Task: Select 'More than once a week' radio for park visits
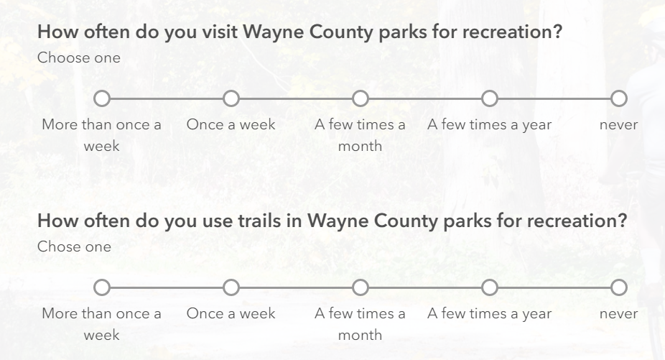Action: pyautogui.click(x=102, y=98)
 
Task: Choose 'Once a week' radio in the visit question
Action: pyautogui.click(x=231, y=98)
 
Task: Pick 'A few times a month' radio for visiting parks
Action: pyautogui.click(x=360, y=98)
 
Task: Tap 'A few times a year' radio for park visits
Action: pyautogui.click(x=490, y=98)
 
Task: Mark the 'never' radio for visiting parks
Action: pyautogui.click(x=619, y=98)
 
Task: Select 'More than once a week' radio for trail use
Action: pyautogui.click(x=102, y=287)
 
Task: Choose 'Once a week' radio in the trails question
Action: pyautogui.click(x=231, y=287)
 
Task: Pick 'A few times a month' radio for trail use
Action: pyautogui.click(x=360, y=287)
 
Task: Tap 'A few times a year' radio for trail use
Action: pyautogui.click(x=490, y=287)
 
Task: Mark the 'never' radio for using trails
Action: pyautogui.click(x=619, y=287)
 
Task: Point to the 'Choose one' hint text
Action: pyautogui.click(x=79, y=57)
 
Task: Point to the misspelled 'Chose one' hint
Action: pyautogui.click(x=74, y=246)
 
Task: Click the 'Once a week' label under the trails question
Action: pyautogui.click(x=231, y=313)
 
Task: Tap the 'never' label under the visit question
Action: pyautogui.click(x=619, y=125)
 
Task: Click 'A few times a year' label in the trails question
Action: pyautogui.click(x=490, y=314)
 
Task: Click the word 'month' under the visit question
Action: pyautogui.click(x=360, y=146)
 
